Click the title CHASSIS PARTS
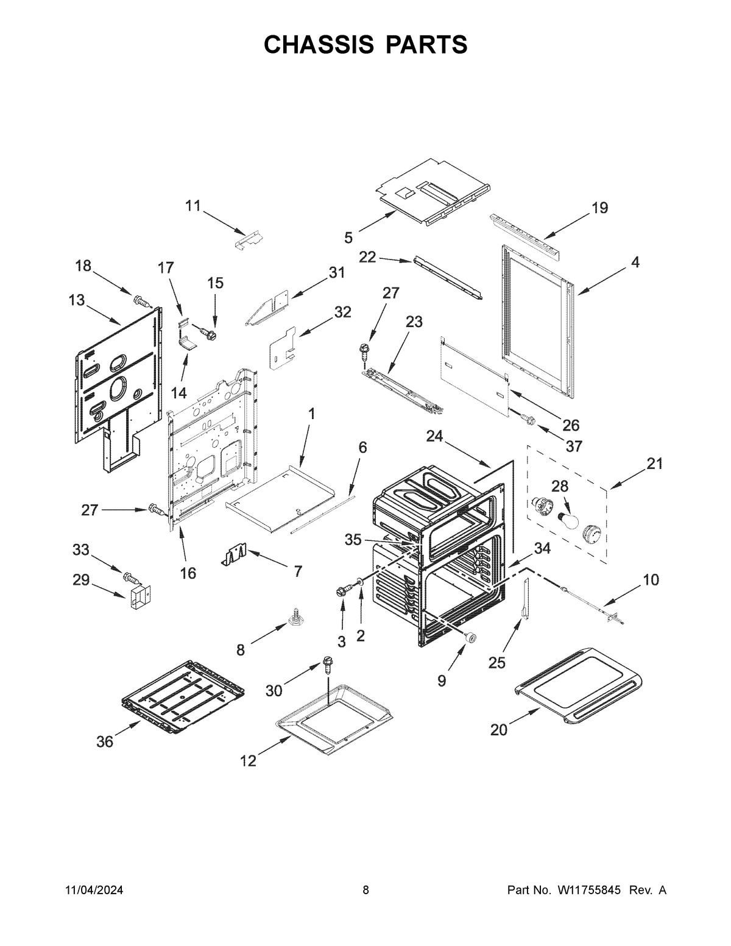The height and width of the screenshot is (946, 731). tap(365, 44)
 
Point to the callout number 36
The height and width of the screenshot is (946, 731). tap(105, 741)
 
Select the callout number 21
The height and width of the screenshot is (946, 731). tap(654, 464)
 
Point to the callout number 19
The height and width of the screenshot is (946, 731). tap(599, 208)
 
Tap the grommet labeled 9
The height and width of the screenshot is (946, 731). tap(470, 638)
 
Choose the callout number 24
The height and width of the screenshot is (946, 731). tap(434, 436)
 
